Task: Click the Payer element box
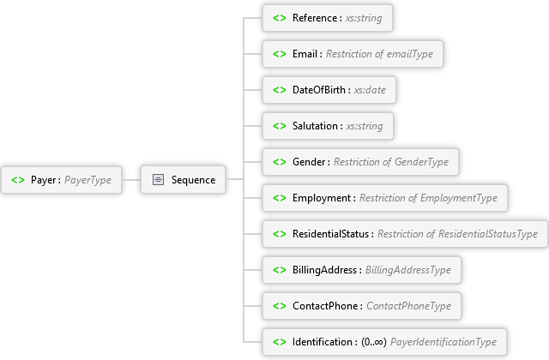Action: [x=61, y=180]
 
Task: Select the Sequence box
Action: [x=183, y=179]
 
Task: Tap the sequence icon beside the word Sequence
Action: [x=158, y=179]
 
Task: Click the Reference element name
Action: [x=315, y=18]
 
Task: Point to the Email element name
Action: [x=305, y=54]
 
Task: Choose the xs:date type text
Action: [x=370, y=90]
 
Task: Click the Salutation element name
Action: [x=315, y=126]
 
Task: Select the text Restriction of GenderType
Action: [x=391, y=162]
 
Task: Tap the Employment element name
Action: [x=322, y=198]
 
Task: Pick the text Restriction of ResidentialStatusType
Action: [x=457, y=234]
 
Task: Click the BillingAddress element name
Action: [x=324, y=270]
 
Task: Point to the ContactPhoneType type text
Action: [x=408, y=306]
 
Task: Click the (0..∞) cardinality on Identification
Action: [x=374, y=342]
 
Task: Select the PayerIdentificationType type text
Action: [x=443, y=342]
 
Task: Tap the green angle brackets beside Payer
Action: [x=18, y=180]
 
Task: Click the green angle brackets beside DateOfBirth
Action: [x=280, y=90]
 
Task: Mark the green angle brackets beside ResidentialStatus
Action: [x=280, y=234]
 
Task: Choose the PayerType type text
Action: [x=87, y=180]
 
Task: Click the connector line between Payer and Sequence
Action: [x=131, y=180]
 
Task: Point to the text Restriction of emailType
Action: [x=379, y=54]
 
